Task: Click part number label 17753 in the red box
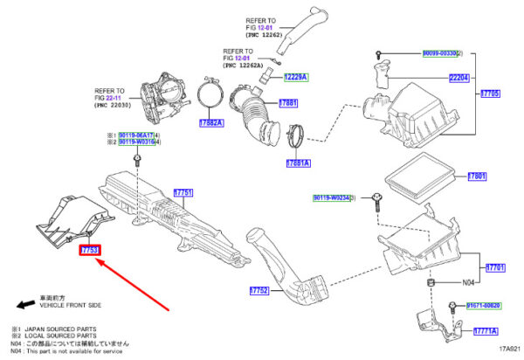tap(91, 251)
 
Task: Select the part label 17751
tap(183, 192)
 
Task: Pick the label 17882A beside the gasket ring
tap(211, 123)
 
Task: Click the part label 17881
tap(289, 103)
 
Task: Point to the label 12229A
tap(296, 78)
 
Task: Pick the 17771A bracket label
tap(486, 332)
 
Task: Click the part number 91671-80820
tap(482, 306)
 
